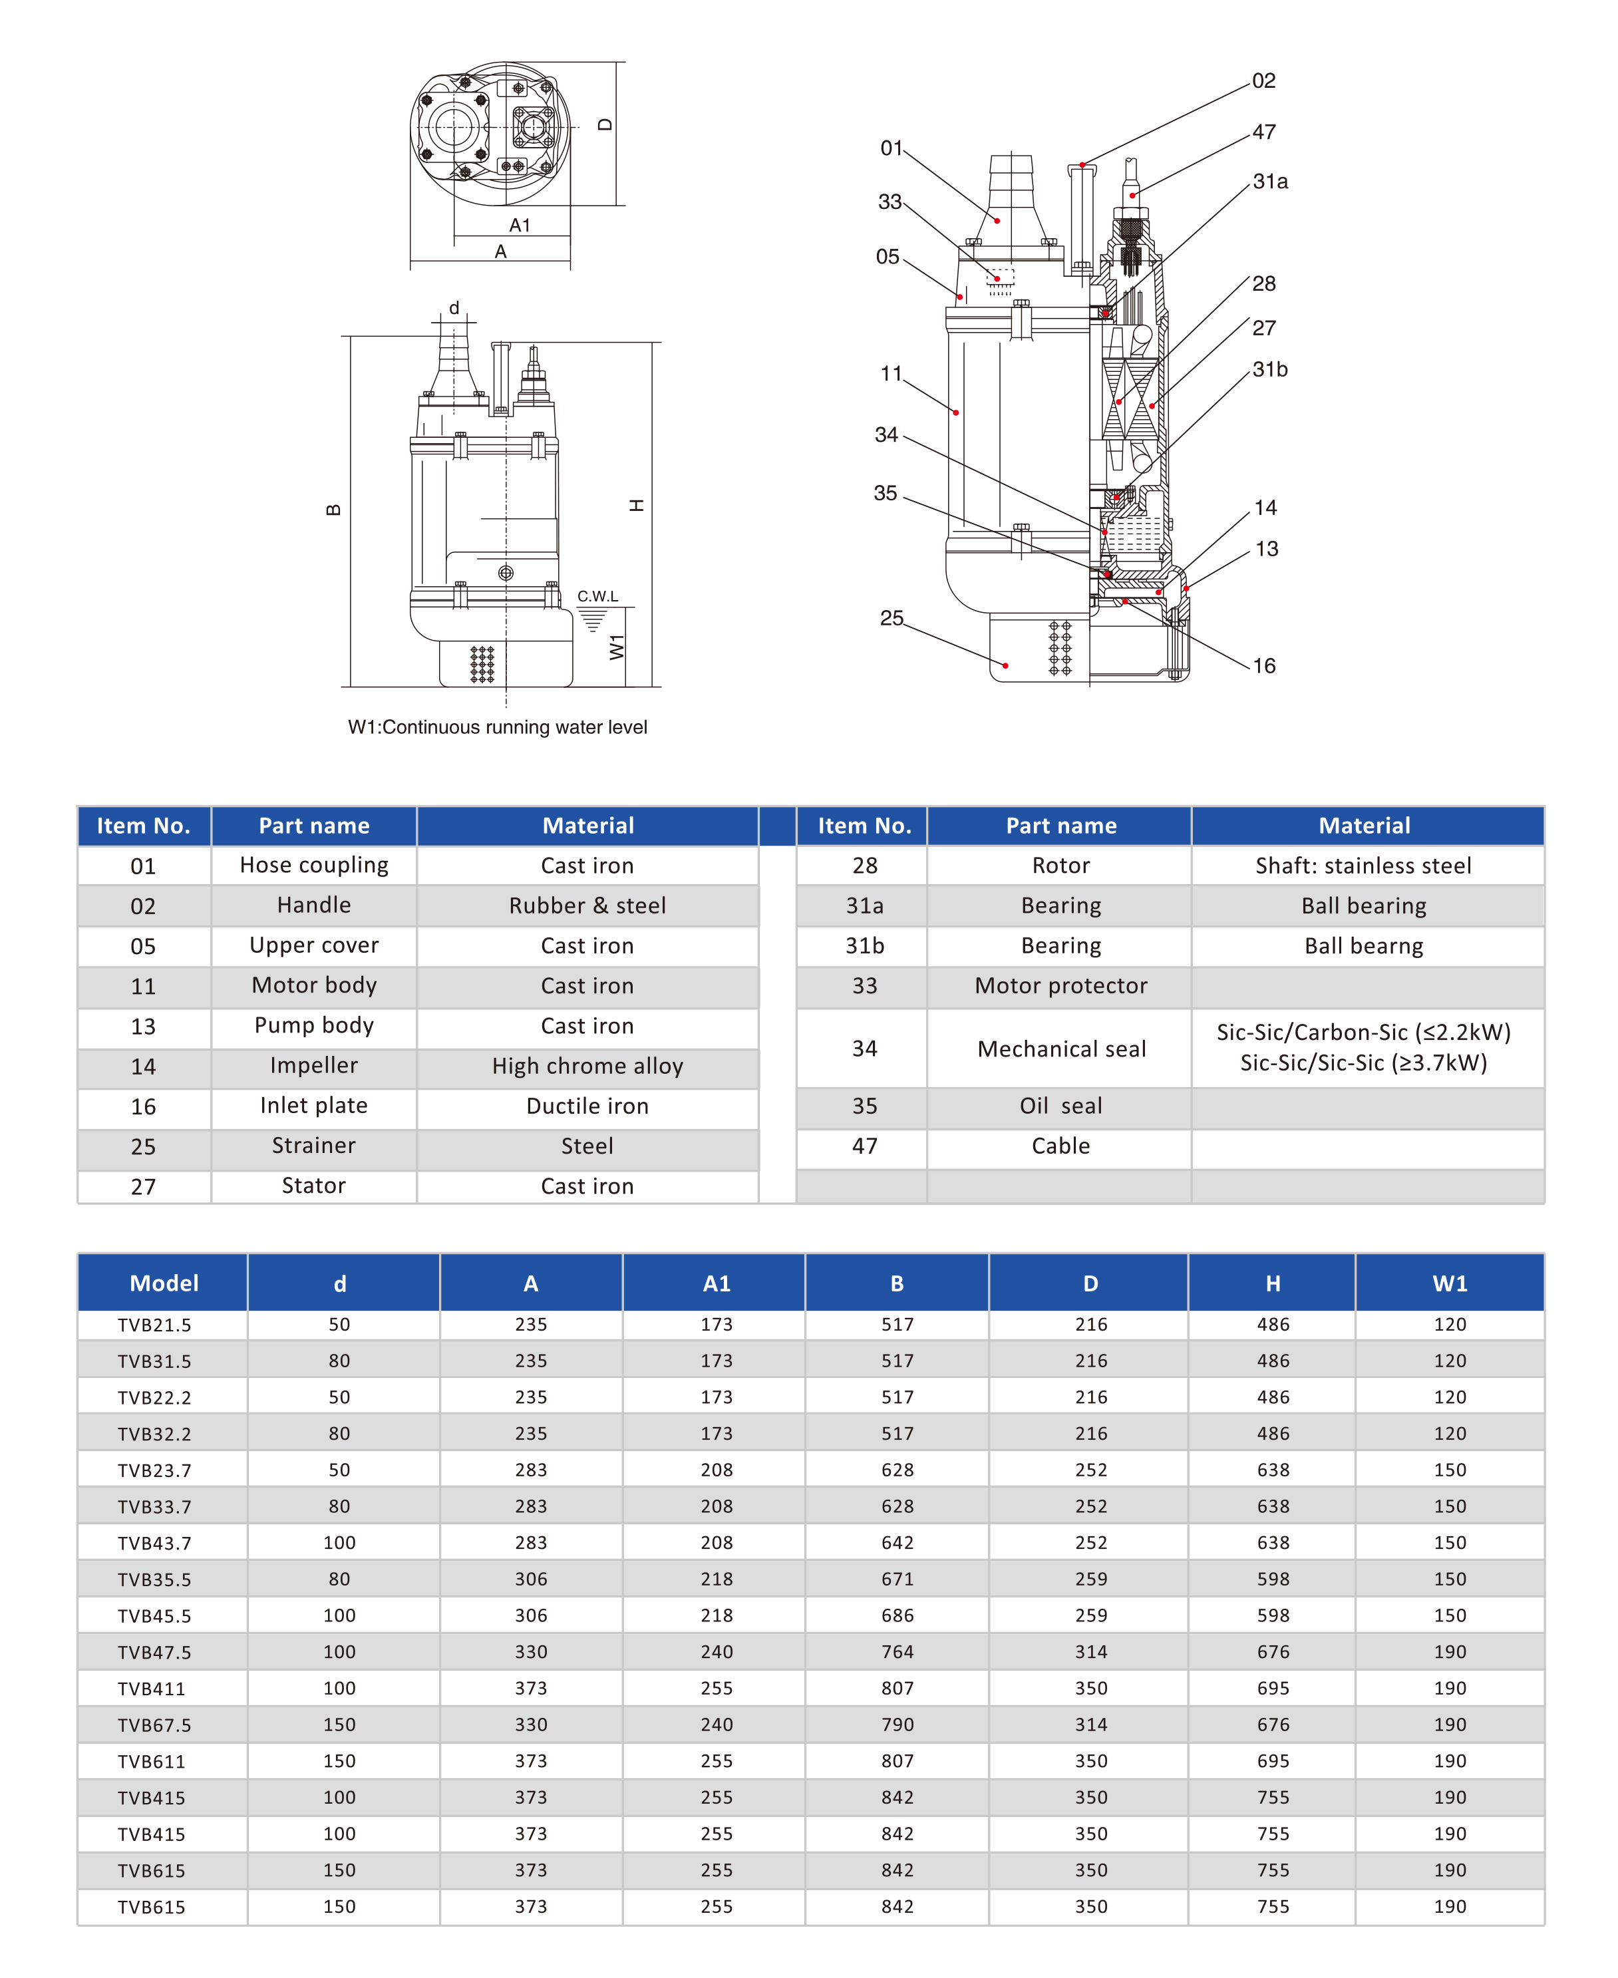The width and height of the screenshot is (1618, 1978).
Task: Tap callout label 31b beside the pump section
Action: (1269, 369)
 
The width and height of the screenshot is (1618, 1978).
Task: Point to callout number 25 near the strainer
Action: (891, 618)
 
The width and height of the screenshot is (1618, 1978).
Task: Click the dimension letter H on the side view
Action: (637, 505)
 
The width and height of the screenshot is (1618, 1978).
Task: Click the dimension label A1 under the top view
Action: (519, 226)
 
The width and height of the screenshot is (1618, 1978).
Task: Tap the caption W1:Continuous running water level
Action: (497, 727)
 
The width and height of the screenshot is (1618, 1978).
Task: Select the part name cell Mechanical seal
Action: (1060, 1049)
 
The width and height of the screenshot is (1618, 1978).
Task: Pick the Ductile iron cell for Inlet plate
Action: (587, 1106)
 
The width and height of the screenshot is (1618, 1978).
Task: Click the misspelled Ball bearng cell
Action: (1364, 945)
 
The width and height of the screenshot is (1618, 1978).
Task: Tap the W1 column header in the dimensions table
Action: (1449, 1283)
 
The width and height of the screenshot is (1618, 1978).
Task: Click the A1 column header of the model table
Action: (716, 1283)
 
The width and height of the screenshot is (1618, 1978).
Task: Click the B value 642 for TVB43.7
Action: (897, 1543)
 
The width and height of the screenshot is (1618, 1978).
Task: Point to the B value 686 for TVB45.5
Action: (897, 1615)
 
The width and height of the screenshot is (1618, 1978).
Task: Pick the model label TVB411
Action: (151, 1688)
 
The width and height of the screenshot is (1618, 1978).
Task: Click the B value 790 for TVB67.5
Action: (897, 1725)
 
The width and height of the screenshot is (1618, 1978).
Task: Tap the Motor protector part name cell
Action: (1060, 985)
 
